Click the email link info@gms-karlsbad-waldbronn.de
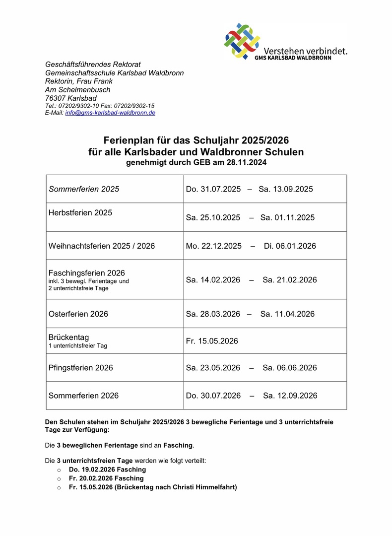110,113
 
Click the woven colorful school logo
242,41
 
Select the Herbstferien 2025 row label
80,212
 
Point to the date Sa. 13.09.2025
286,189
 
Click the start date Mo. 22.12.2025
214,246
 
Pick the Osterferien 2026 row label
78,314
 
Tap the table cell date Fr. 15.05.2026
212,341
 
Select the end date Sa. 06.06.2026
290,368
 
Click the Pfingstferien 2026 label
81,368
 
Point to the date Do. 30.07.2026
213,396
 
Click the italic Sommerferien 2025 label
84,189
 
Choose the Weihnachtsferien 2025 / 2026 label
102,246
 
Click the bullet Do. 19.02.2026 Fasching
107,469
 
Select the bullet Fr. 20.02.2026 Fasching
106,478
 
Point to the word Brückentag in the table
69,337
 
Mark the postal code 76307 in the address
56,98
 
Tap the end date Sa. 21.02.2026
290,280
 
